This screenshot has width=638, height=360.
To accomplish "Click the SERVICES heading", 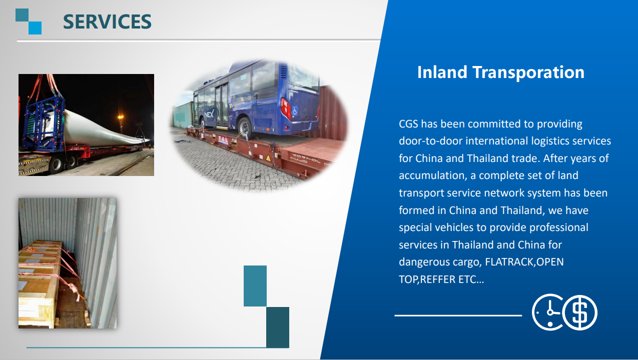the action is click(x=107, y=21).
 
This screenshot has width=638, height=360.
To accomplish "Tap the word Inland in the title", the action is click(x=442, y=72).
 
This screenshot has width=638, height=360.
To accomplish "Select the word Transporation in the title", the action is click(x=528, y=72).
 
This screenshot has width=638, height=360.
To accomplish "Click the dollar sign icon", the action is click(x=580, y=312).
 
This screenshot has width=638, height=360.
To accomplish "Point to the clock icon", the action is click(x=547, y=312).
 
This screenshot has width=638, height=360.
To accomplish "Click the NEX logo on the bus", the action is click(x=209, y=114).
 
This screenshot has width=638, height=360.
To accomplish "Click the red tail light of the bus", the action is click(x=285, y=107).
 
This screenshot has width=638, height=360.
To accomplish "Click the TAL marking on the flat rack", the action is click(x=223, y=139).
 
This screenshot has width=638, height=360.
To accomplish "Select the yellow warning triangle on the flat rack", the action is click(x=268, y=158).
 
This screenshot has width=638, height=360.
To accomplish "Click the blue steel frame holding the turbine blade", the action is click(x=45, y=122).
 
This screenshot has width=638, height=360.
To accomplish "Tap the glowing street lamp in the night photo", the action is click(x=121, y=116).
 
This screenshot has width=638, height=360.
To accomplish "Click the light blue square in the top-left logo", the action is click(x=35, y=28).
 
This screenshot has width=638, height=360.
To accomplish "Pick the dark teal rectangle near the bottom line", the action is click(x=278, y=327).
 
